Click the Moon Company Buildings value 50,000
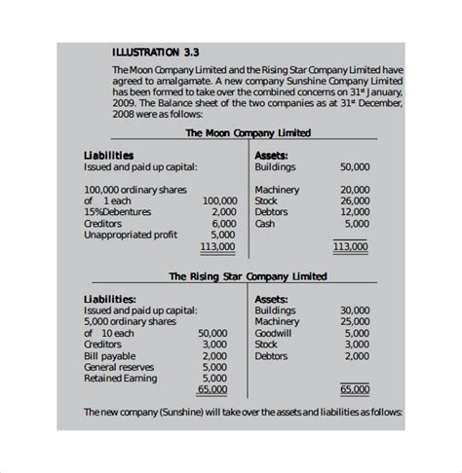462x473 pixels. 353,166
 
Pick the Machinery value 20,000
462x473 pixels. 355,189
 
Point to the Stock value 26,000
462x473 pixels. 355,200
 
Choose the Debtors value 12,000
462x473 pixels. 355,212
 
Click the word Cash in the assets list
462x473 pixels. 264,223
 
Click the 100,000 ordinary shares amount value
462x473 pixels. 219,200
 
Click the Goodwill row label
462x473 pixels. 273,332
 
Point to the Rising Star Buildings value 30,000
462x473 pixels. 355,309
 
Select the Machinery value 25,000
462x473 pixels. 355,321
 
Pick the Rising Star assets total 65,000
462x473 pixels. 355,389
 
